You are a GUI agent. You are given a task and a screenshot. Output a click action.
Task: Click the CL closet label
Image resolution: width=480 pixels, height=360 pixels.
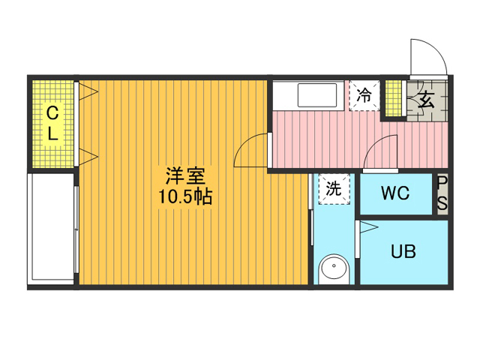pos(52,123)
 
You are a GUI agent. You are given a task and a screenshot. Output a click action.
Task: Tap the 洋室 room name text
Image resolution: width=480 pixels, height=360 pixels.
pos(185,176)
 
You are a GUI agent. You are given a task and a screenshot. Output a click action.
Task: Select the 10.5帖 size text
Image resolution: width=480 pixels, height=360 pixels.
pos(185,196)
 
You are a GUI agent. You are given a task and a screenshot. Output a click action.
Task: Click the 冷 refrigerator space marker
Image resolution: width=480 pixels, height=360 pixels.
pos(364,95)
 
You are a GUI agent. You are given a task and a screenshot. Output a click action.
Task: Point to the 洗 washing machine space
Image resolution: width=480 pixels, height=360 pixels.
pos(334,189)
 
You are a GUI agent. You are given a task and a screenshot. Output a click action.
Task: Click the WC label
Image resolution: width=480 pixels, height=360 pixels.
pos(395,193)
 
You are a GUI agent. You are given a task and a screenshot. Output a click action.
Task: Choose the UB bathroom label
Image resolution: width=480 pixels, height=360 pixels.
pos(403,251)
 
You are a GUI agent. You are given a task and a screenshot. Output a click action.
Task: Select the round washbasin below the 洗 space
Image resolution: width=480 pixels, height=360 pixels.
pos(334,268)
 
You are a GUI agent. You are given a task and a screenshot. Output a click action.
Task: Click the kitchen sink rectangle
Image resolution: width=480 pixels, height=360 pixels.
pos(317,95)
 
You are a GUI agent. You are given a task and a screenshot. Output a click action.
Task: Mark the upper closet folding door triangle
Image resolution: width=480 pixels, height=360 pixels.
pos(88,91)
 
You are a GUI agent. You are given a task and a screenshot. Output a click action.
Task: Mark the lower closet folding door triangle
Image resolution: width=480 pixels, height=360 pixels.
pos(88,157)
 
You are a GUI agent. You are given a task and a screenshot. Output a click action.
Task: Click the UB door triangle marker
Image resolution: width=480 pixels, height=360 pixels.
pos(369,227)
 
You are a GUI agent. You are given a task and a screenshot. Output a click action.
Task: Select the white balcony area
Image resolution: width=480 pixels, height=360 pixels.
pos(52,228)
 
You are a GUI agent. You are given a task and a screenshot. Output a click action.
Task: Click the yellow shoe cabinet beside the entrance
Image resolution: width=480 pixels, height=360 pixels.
pos(393,98)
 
